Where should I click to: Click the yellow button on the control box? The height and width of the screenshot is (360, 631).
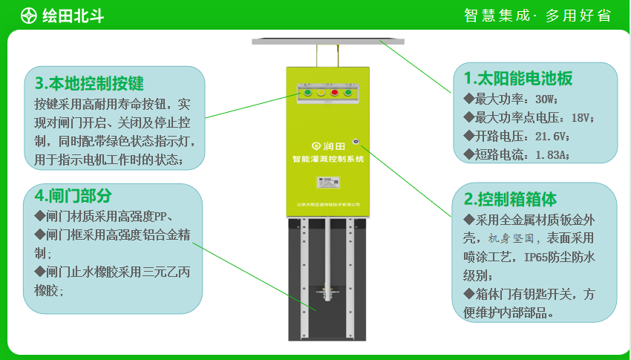(x=320, y=93)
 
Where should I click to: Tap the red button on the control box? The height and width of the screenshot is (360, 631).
(x=335, y=93)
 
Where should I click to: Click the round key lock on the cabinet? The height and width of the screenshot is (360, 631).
(x=357, y=140)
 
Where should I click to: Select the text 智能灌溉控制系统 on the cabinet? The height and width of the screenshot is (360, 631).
(x=327, y=159)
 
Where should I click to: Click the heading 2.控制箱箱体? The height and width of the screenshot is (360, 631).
(x=511, y=199)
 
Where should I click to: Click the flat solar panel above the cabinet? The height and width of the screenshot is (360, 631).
(x=327, y=40)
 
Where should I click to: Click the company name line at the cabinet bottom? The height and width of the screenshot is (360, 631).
(x=327, y=203)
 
